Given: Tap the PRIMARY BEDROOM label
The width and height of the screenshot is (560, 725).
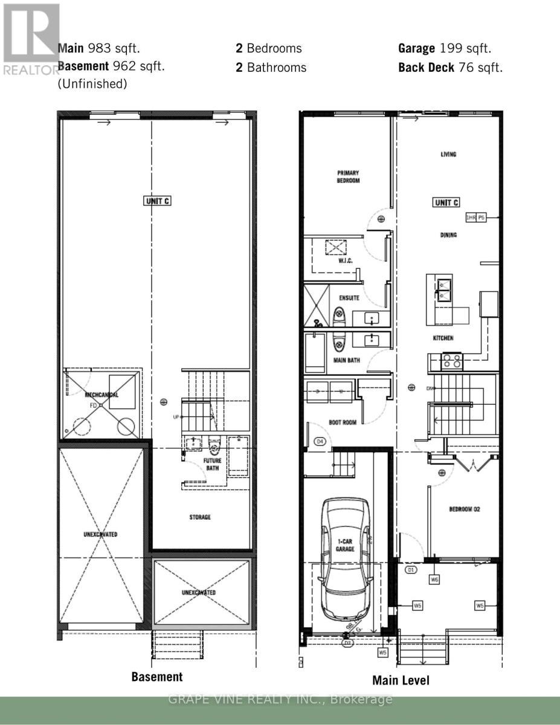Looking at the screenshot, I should coord(348,176).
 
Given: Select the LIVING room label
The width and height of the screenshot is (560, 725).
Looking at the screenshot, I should coord(448,155).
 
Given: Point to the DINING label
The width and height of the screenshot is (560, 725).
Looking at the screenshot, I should coord(448,235).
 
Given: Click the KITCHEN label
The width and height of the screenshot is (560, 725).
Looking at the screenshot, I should coord(443,338).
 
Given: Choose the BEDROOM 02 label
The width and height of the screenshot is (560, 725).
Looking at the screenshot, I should coord(464,509).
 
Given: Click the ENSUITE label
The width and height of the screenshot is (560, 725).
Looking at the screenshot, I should coord(349,298).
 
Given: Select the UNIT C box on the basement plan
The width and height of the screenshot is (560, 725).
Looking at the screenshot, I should coord(157,201).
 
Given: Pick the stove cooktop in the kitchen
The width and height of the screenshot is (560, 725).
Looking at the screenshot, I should coord(452,361).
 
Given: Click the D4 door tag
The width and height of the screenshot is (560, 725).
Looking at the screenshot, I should coord(321,442).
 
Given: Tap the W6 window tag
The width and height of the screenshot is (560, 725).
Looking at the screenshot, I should coord(434,580).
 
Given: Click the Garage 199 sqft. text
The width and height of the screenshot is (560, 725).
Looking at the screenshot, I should coord(445,48).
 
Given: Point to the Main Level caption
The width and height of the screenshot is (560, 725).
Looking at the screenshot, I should coord(401,680).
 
